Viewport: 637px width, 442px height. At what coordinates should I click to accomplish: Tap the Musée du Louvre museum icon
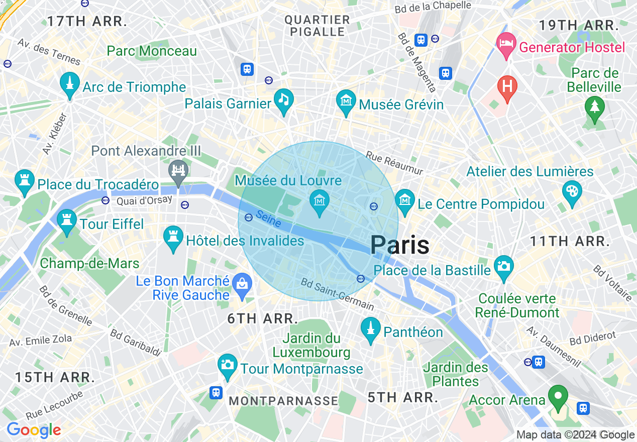[320, 201]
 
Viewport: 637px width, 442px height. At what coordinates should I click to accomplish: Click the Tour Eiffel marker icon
[66, 222]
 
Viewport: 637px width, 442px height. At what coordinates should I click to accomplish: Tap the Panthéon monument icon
[371, 329]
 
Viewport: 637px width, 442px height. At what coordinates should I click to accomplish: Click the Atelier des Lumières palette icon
[572, 192]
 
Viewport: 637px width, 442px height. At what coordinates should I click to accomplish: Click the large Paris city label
[400, 245]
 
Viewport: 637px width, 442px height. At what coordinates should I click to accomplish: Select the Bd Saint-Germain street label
[338, 294]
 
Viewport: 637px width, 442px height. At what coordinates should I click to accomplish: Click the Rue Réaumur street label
[394, 164]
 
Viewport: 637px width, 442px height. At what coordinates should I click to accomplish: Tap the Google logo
[34, 430]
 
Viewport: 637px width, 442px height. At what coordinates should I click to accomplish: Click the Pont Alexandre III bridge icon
[179, 170]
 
